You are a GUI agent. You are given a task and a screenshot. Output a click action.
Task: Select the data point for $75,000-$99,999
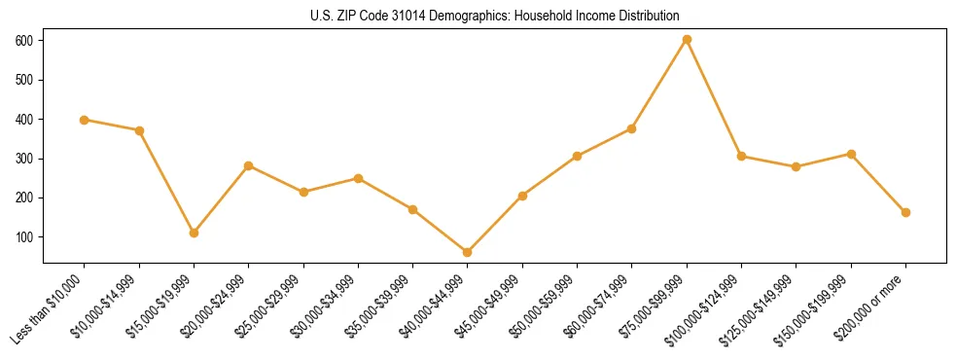[687, 40]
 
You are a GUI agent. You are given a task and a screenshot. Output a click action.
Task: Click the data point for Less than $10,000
[85, 120]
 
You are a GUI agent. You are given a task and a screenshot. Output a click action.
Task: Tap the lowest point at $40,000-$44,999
[468, 252]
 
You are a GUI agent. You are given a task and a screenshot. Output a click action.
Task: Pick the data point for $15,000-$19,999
[195, 233]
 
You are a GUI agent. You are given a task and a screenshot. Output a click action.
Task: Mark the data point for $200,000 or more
[905, 212]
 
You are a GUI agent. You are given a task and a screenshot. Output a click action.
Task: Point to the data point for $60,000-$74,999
[632, 128]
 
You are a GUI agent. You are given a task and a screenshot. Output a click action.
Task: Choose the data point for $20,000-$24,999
[249, 165]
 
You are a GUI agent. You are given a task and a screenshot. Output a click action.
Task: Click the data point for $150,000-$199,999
[851, 154]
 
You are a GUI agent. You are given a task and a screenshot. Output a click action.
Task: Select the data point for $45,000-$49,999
[522, 196]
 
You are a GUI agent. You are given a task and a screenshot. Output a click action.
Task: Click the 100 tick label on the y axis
[24, 237]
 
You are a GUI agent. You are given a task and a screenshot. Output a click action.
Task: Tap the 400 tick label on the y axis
[24, 120]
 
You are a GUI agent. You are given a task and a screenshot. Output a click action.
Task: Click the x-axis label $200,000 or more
[872, 304]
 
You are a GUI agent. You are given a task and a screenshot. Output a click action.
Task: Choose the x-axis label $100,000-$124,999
[708, 307]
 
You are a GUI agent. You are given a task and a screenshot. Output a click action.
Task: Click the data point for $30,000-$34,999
[358, 178]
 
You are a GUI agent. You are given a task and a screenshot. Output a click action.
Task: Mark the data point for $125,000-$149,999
[797, 166]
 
